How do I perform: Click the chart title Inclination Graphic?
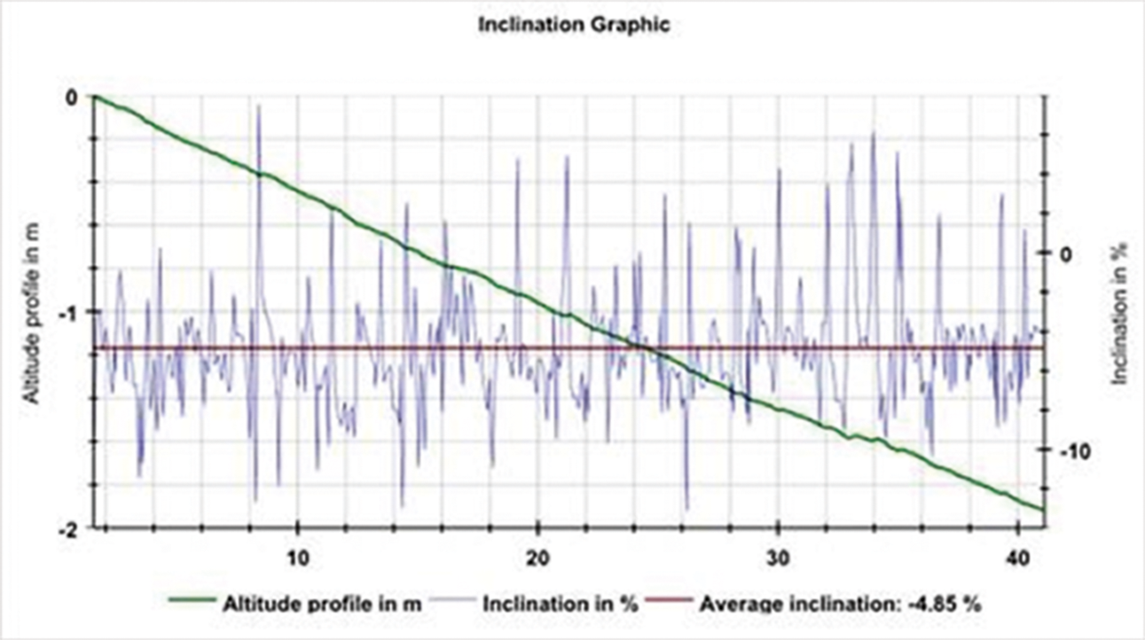(573, 25)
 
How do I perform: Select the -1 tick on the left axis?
(73, 312)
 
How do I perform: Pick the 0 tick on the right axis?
(1067, 254)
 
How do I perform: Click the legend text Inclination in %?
(561, 605)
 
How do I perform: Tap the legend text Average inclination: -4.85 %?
(841, 605)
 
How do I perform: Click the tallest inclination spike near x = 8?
(259, 106)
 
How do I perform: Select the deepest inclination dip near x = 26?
(686, 509)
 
